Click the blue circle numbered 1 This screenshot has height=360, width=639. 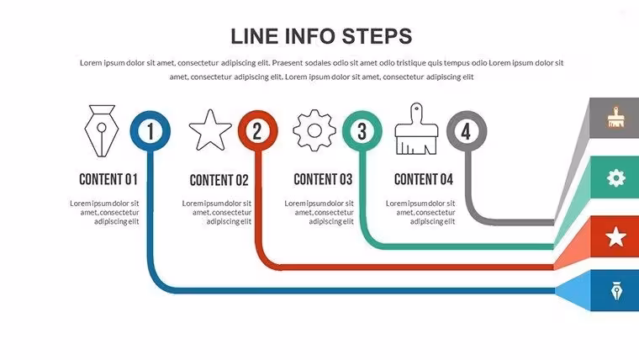(x=151, y=131)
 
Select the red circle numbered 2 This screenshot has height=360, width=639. (x=258, y=131)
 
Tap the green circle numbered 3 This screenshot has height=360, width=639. (x=362, y=131)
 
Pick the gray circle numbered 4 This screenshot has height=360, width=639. (x=467, y=131)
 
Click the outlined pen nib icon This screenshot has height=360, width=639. (x=102, y=131)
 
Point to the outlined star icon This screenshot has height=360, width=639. (x=210, y=130)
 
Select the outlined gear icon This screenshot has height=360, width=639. (x=314, y=130)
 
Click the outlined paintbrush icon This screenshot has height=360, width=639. (x=416, y=129)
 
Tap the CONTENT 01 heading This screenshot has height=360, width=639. (x=108, y=179)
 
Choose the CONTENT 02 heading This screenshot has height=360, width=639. (x=219, y=180)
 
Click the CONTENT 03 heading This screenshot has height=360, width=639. (x=323, y=179)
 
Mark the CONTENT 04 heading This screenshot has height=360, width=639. (x=424, y=179)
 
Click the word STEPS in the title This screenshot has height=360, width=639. (x=377, y=36)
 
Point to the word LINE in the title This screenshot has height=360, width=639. (x=255, y=36)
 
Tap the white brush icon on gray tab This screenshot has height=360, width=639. (x=615, y=118)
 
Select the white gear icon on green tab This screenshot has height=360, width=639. (x=615, y=177)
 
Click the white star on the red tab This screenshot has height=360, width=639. (x=615, y=237)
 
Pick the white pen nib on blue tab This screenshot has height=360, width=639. (x=616, y=291)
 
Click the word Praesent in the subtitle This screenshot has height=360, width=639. (x=287, y=63)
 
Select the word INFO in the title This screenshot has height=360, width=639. (x=310, y=36)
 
